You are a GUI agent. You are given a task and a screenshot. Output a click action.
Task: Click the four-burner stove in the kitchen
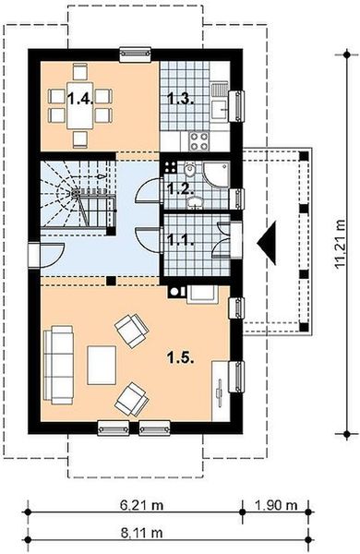coord(198,141)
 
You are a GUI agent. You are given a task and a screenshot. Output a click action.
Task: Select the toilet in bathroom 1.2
coord(188,173)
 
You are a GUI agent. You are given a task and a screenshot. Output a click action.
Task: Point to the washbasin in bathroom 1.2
coord(171,169)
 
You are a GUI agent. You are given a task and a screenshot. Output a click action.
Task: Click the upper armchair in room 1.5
coord(129,327)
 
